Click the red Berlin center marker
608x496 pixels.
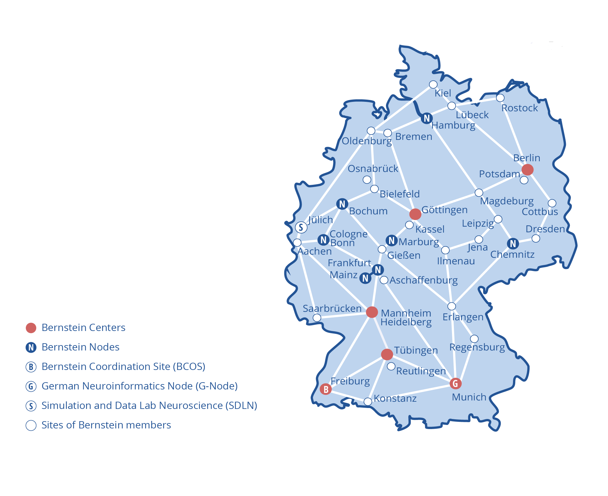click(527, 169)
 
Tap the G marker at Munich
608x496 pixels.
click(455, 383)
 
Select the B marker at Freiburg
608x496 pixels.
click(326, 389)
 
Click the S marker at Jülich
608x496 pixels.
click(301, 227)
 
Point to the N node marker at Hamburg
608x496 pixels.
click(427, 118)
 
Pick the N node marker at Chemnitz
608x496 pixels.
click(513, 243)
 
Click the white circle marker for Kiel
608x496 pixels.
click(433, 84)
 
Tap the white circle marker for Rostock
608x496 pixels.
click(500, 98)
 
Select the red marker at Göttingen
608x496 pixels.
click(415, 214)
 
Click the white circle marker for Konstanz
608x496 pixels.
click(368, 401)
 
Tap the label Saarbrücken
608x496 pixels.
click(332, 308)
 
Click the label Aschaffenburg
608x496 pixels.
click(423, 280)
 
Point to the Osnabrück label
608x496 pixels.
click(373, 168)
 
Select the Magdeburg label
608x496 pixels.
click(506, 201)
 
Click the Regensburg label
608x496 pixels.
click(477, 347)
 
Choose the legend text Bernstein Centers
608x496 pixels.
click(83, 328)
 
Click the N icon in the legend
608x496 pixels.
click(31, 347)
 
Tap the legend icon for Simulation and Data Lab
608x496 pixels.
click(31, 406)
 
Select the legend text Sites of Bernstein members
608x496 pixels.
click(106, 425)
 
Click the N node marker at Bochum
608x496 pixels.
click(342, 204)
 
